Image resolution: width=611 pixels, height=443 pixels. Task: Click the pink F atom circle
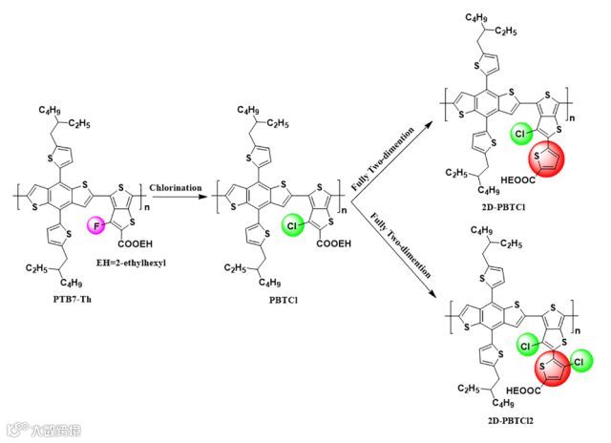[95, 225]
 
